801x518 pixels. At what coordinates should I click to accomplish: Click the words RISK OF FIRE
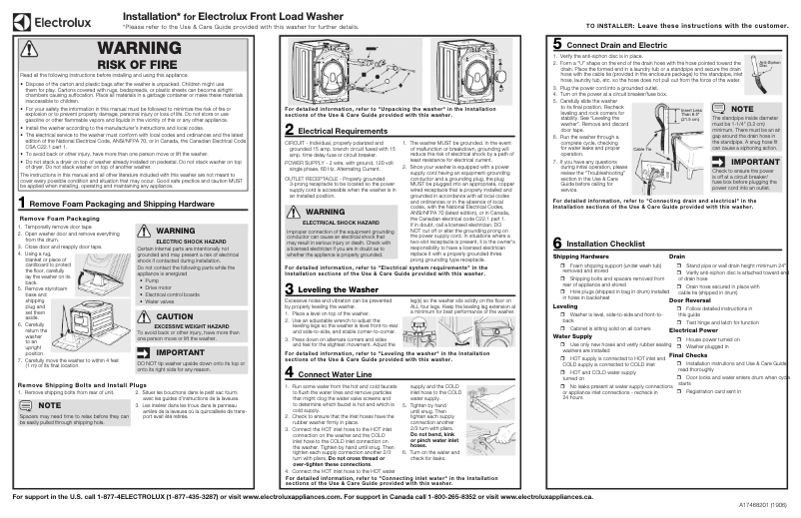pyautogui.click(x=138, y=65)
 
